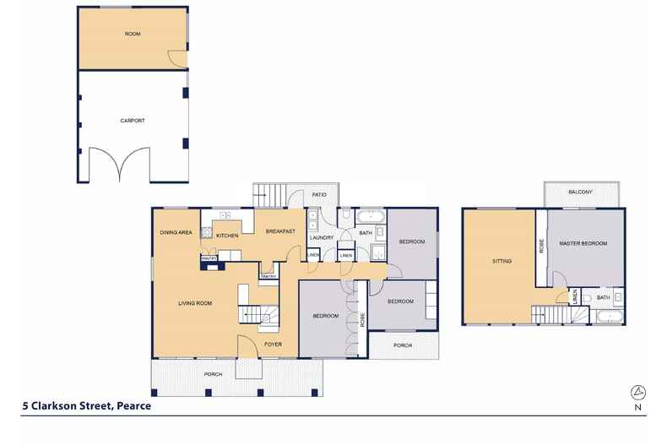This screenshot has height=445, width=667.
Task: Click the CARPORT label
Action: [x=133, y=121]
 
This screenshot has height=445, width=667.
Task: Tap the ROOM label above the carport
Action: [x=132, y=34]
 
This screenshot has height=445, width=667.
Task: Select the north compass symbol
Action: [x=639, y=392]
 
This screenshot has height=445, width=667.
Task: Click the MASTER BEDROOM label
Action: [x=583, y=244]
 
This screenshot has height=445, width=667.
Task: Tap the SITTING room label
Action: [x=502, y=262]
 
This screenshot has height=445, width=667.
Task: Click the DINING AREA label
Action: [x=176, y=231]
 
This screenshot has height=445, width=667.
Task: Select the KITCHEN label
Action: [x=228, y=236]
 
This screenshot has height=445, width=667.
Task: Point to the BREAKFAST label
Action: [x=279, y=231]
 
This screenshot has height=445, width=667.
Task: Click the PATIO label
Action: [x=319, y=195]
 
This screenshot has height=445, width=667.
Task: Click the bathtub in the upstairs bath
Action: [x=608, y=317]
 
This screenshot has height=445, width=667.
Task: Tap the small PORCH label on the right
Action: [x=402, y=345]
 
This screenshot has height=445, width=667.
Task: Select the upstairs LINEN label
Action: [x=575, y=297]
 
